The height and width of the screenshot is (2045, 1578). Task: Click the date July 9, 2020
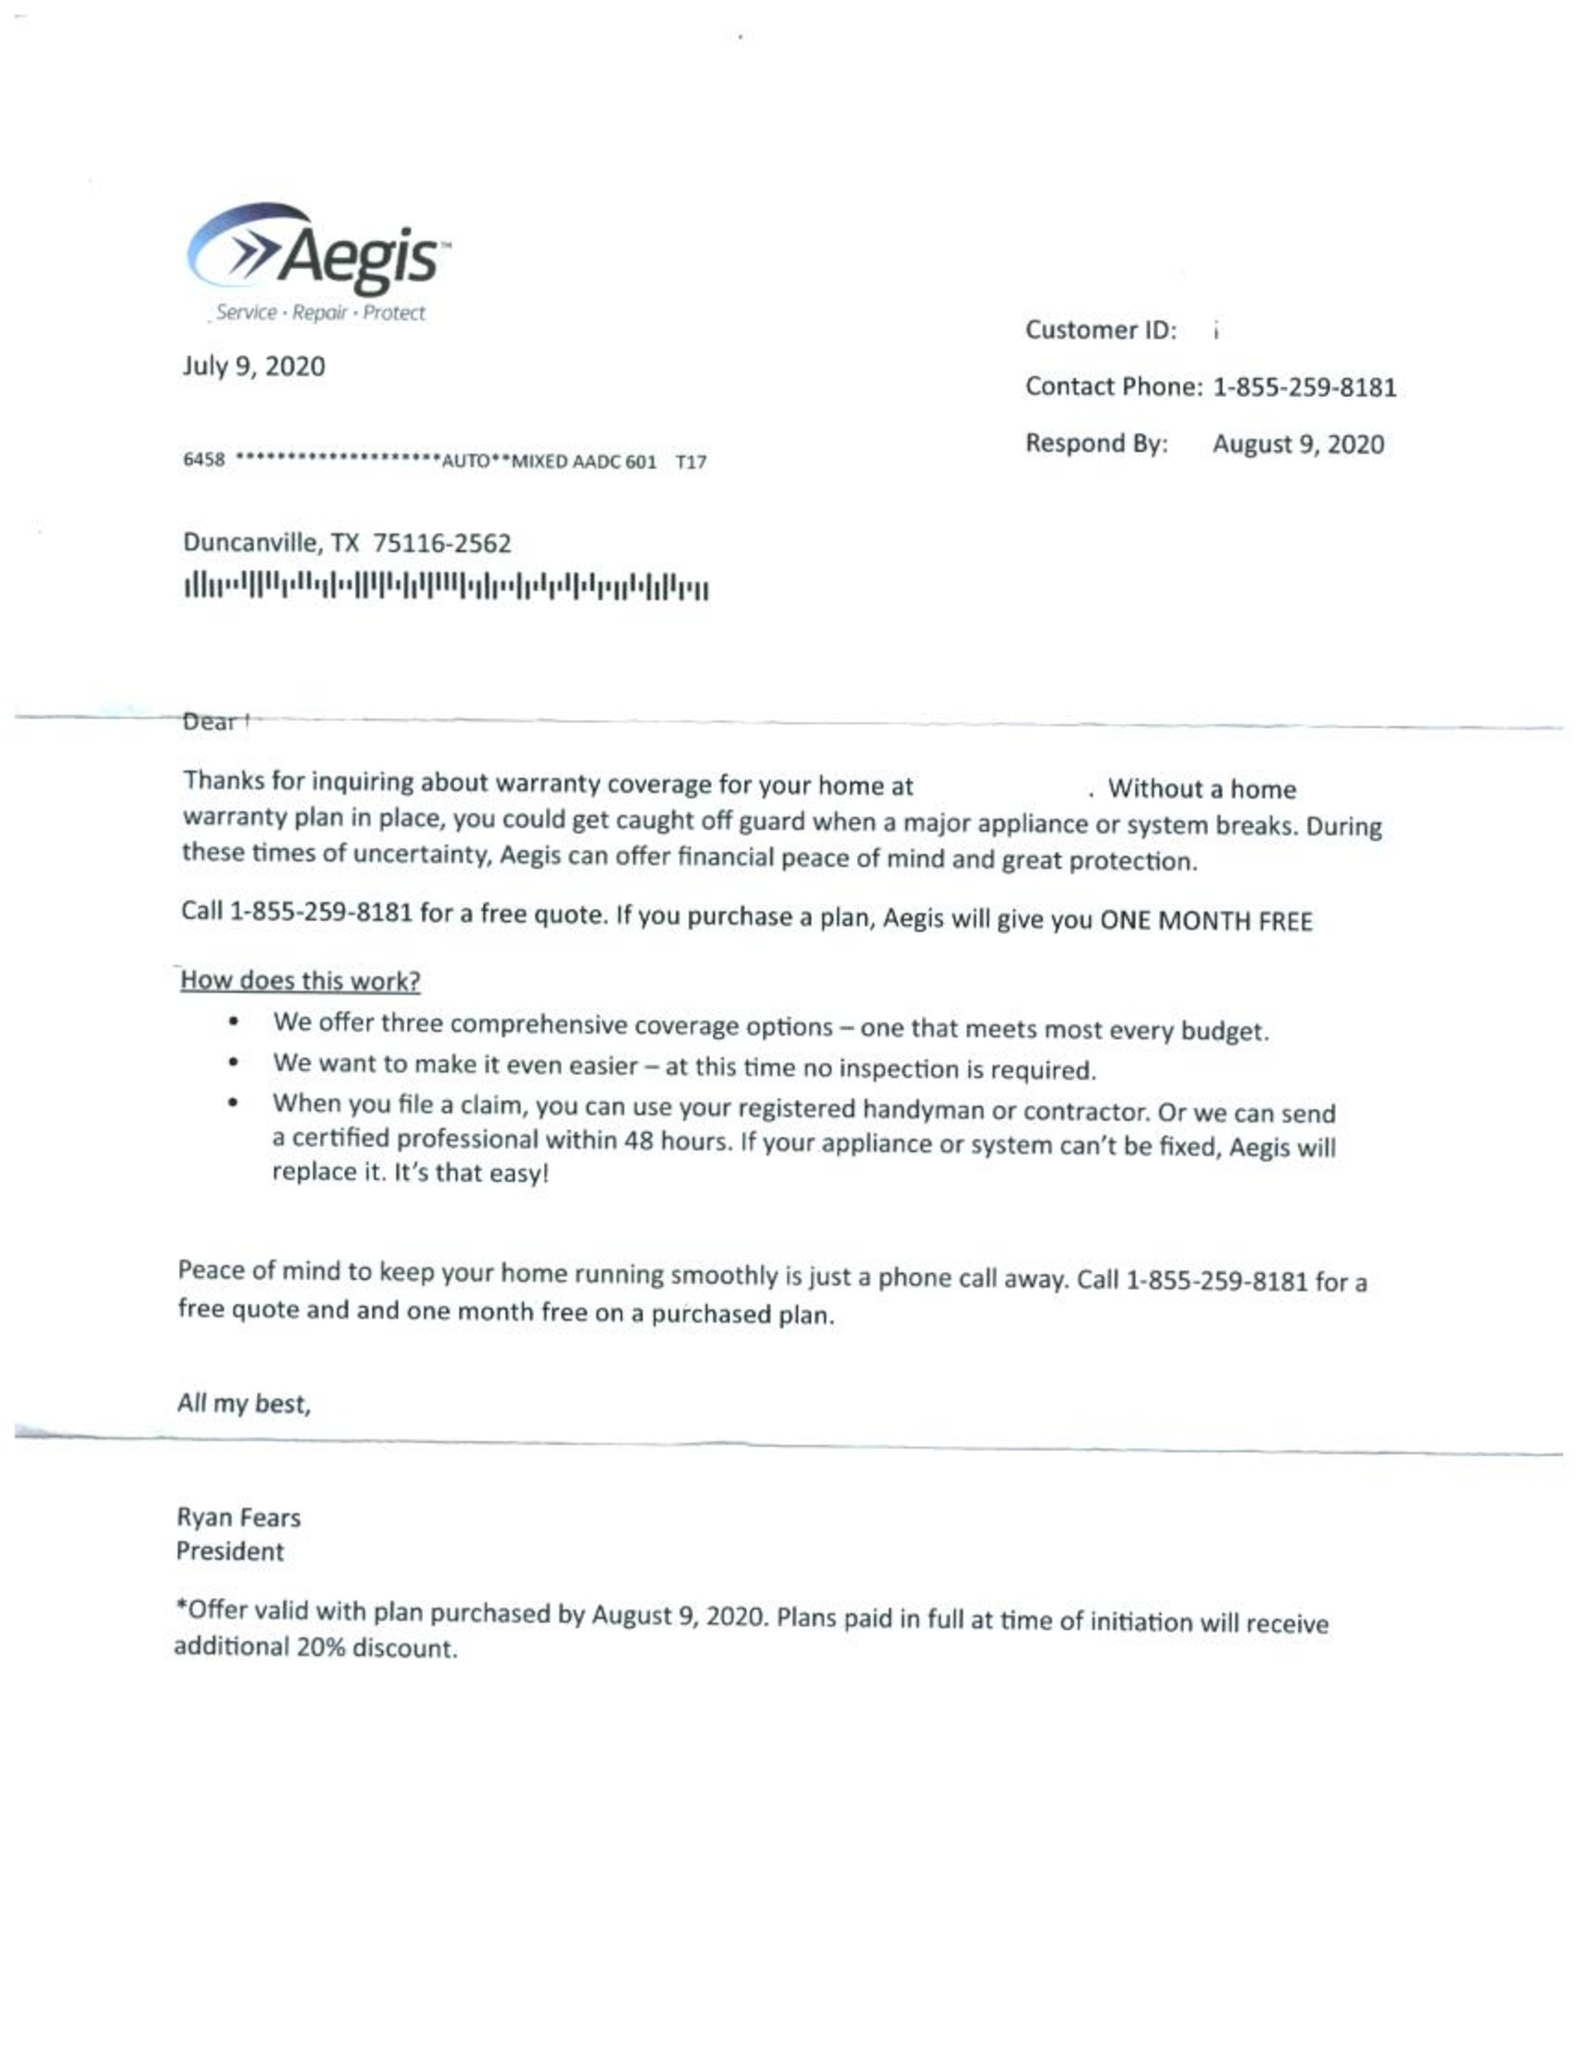[254, 366]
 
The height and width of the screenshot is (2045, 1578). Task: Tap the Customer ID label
[1100, 329]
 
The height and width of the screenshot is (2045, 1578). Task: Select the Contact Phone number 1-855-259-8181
[1304, 388]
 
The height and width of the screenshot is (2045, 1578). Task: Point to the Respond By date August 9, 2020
[1297, 444]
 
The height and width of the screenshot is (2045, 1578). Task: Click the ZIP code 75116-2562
[442, 543]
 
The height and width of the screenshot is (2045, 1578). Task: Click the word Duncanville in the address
[249, 543]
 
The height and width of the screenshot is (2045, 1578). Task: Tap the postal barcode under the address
[445, 587]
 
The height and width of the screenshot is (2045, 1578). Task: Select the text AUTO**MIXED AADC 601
[549, 462]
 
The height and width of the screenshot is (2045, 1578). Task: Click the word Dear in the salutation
[209, 722]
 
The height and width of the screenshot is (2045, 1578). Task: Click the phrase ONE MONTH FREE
[1205, 921]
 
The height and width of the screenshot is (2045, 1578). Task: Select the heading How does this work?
[300, 980]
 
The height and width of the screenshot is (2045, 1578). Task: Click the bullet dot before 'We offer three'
[233, 1021]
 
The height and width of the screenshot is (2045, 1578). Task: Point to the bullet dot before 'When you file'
[233, 1102]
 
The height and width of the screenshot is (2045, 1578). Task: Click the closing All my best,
[243, 1403]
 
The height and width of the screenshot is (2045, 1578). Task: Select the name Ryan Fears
[238, 1518]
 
